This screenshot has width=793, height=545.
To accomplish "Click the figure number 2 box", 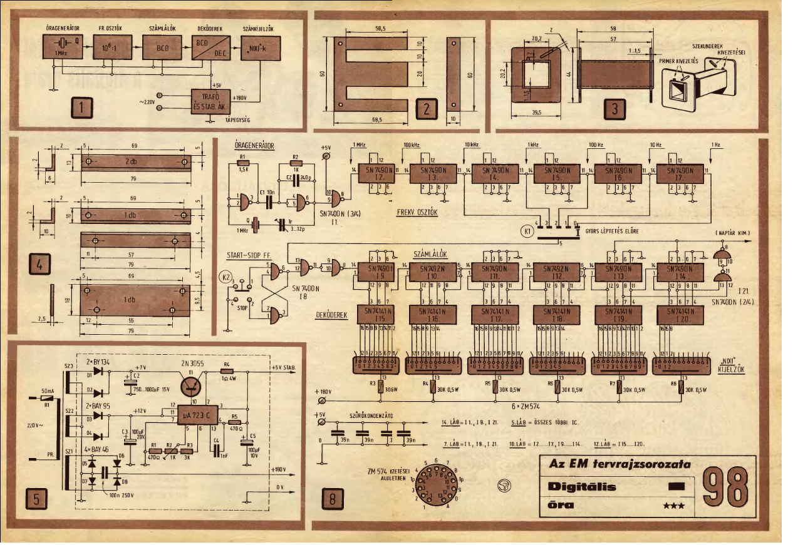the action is (x=425, y=109).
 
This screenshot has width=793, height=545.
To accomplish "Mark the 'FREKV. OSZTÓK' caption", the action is (x=417, y=212).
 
